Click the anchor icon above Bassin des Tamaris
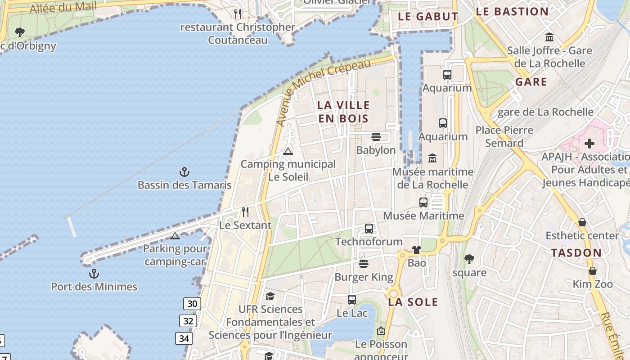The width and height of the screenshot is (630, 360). (184, 171)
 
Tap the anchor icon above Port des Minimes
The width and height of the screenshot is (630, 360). (94, 273)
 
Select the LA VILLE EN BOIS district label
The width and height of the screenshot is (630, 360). (343, 112)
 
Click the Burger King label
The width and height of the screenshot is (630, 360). (364, 277)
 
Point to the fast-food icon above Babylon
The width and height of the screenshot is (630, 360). (376, 137)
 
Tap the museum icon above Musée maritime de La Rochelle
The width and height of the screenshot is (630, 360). (432, 158)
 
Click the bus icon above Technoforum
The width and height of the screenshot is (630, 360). (369, 229)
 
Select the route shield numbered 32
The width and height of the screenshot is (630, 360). (188, 321)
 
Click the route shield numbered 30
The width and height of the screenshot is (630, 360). (192, 304)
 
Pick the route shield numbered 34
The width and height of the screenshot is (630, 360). (184, 338)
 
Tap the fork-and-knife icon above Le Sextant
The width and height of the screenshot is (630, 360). (245, 211)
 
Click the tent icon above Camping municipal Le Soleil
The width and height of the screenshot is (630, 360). (288, 151)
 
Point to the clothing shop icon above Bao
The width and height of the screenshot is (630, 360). (416, 249)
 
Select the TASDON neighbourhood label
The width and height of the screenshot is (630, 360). (576, 253)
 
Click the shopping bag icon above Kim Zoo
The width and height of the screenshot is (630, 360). (593, 271)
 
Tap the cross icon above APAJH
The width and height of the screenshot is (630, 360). (589, 144)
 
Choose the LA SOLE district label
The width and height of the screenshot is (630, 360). (413, 302)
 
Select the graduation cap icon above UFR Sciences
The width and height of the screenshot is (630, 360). (270, 296)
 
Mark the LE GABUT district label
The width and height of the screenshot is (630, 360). (428, 17)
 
